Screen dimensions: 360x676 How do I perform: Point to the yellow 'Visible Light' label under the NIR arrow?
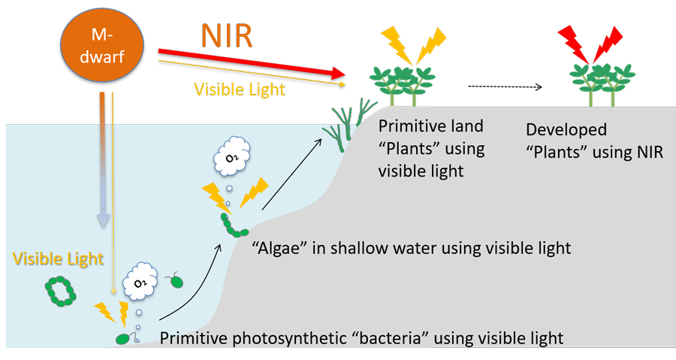240,89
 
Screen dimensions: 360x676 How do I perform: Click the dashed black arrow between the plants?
505,86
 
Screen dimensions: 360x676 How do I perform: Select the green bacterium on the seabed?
122,338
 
